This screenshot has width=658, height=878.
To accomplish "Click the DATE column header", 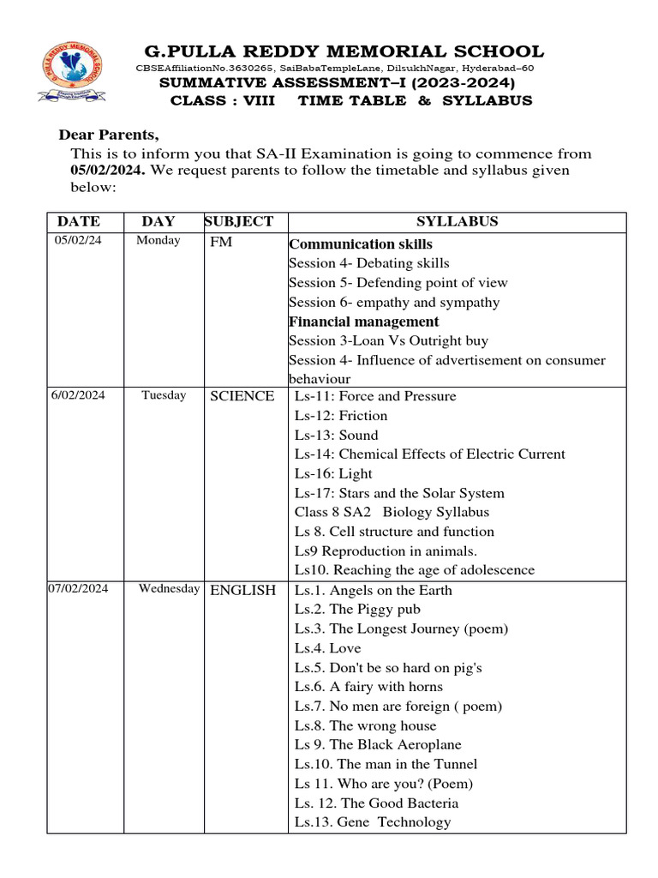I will (78, 221).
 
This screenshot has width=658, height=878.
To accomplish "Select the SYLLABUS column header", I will (457, 221).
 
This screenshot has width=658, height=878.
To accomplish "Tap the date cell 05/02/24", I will (78, 240).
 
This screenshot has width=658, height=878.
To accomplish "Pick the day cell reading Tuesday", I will (164, 395).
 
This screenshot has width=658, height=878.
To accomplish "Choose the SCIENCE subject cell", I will (242, 396).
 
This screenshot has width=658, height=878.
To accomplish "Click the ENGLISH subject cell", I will (243, 590).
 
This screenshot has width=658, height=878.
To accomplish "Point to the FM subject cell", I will (221, 243).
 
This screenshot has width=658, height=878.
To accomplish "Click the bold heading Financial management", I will (363, 322).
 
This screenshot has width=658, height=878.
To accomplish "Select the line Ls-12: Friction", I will (341, 416).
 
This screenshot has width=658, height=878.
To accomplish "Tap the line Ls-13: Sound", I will (336, 435).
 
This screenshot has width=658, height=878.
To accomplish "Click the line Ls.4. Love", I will (327, 648).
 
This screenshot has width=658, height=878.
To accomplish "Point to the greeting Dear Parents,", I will (108, 135).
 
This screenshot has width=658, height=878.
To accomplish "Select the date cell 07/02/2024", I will (78, 589).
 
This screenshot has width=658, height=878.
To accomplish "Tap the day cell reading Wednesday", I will (170, 589).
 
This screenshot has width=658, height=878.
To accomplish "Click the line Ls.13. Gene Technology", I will (372, 822).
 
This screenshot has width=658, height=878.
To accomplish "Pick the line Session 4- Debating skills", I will (368, 263).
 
